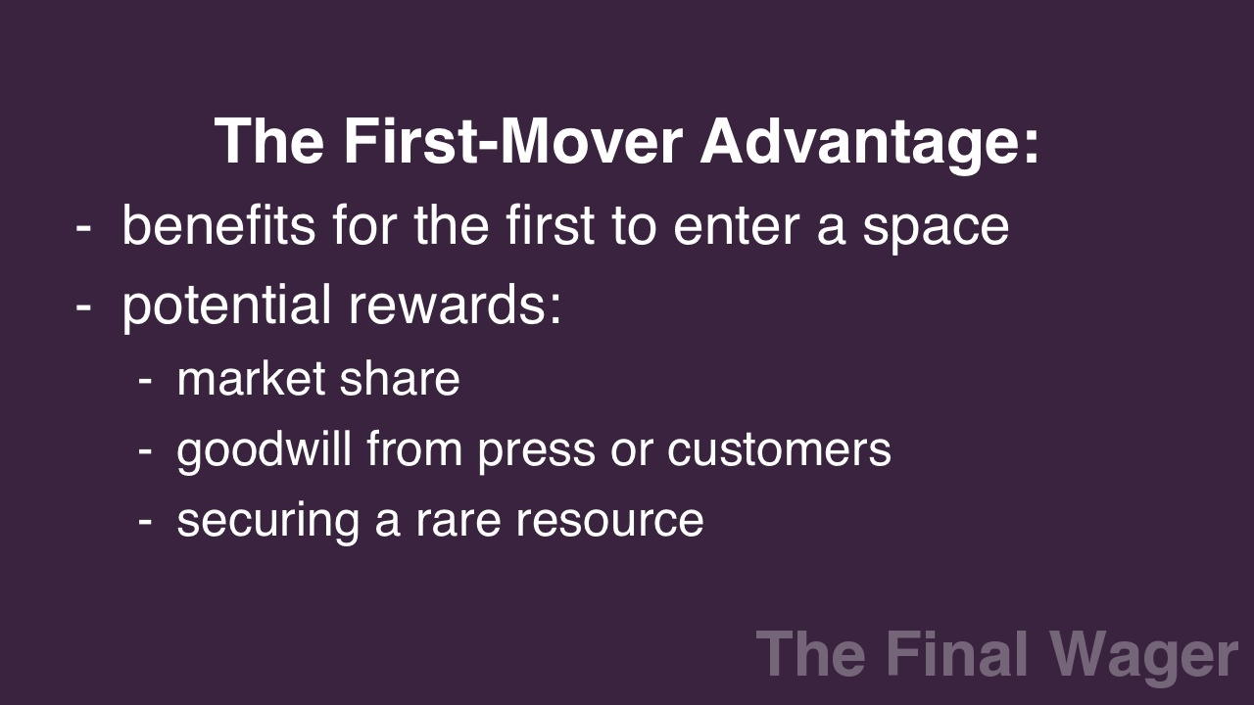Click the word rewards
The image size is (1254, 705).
455,305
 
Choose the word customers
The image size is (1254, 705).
779,450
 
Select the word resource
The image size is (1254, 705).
609,521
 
